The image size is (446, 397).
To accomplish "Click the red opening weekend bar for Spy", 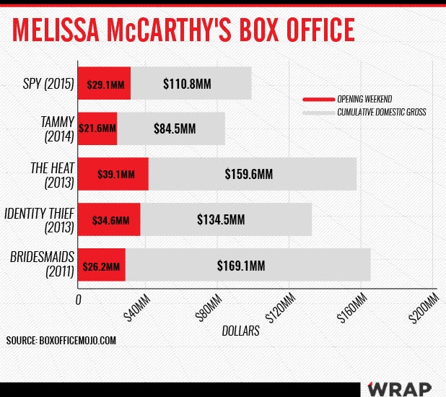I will click(x=104, y=84).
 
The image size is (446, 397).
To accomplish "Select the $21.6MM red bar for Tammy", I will click(x=97, y=128).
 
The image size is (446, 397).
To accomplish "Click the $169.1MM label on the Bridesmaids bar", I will click(x=241, y=265).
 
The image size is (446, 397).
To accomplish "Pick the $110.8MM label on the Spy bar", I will click(x=178, y=84).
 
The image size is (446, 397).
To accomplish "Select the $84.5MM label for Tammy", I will click(x=175, y=129).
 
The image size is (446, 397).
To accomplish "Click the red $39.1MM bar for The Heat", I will click(x=113, y=174).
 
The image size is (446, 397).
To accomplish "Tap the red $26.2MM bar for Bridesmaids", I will click(x=101, y=265).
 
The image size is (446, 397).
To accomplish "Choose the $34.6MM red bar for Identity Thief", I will click(x=108, y=219).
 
